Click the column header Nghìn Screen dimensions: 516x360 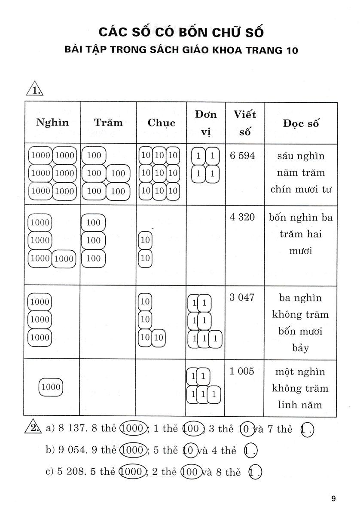tap(52, 123)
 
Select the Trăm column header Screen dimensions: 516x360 tap(108, 123)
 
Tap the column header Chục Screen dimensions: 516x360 tap(161, 123)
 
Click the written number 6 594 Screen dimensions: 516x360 tap(242, 156)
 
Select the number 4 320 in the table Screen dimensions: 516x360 tap(242, 217)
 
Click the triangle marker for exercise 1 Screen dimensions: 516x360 tap(34, 90)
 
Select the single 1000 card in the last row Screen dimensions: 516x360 tap(51, 387)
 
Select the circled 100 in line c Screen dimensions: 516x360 tap(189, 472)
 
